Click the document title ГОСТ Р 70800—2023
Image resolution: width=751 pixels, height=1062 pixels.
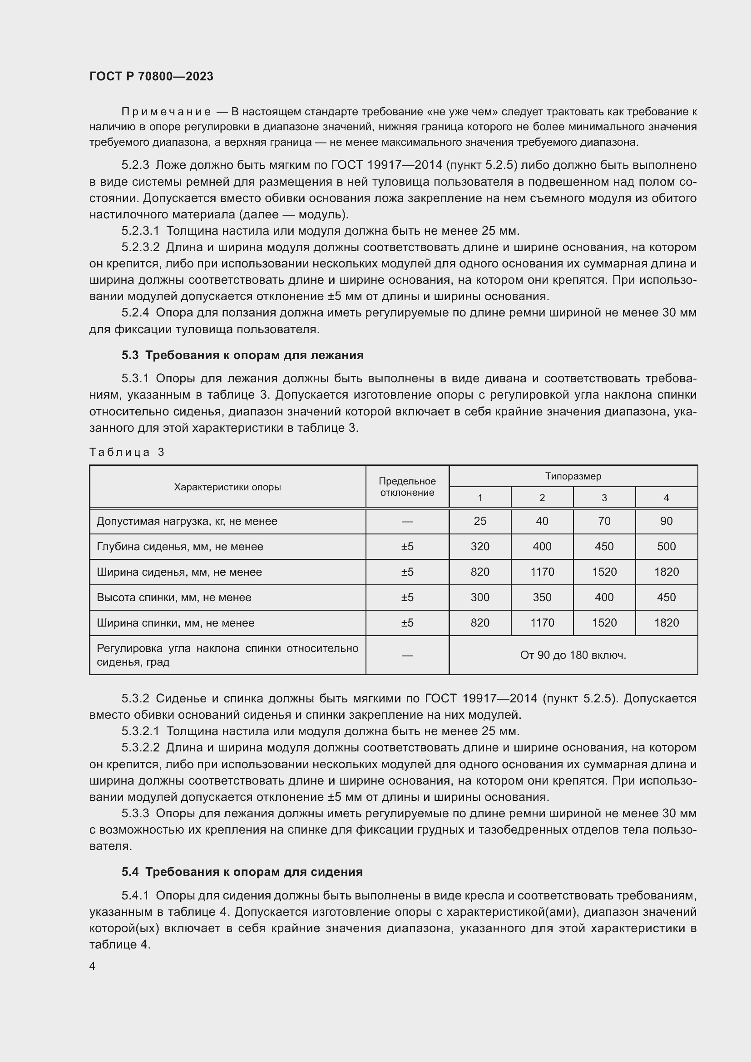pos(151,76)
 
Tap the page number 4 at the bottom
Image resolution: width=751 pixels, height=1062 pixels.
pos(93,966)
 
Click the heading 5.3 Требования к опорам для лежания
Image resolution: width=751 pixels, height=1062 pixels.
pos(242,355)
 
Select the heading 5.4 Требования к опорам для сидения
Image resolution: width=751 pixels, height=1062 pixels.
pos(242,872)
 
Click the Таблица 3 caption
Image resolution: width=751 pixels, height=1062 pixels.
pos(127,452)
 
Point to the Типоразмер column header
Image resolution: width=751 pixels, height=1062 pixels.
pos(573,476)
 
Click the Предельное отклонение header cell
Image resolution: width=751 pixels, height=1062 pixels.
pos(407,487)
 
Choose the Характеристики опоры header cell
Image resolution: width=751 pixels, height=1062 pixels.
pos(227,487)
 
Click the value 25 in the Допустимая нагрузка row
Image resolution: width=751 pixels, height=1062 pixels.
pos(479,521)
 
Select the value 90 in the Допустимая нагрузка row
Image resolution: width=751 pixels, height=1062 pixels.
pos(666,521)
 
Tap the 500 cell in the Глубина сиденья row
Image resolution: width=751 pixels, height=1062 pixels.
pos(666,547)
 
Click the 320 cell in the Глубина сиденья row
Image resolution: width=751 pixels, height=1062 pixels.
pos(479,547)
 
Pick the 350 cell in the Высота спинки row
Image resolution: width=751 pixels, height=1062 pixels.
pos(542,598)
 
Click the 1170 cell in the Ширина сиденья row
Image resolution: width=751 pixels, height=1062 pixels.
pos(542,572)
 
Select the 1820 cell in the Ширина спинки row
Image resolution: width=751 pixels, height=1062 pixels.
pos(666,623)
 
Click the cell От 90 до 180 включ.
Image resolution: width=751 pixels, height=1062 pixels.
pos(573,655)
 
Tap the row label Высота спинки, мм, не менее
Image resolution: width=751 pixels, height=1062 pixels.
pos(174,598)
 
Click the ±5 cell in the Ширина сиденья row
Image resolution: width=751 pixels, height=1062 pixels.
pos(407,572)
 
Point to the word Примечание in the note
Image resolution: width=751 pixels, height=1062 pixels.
pos(166,112)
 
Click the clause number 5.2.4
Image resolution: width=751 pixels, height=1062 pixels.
pos(135,313)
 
